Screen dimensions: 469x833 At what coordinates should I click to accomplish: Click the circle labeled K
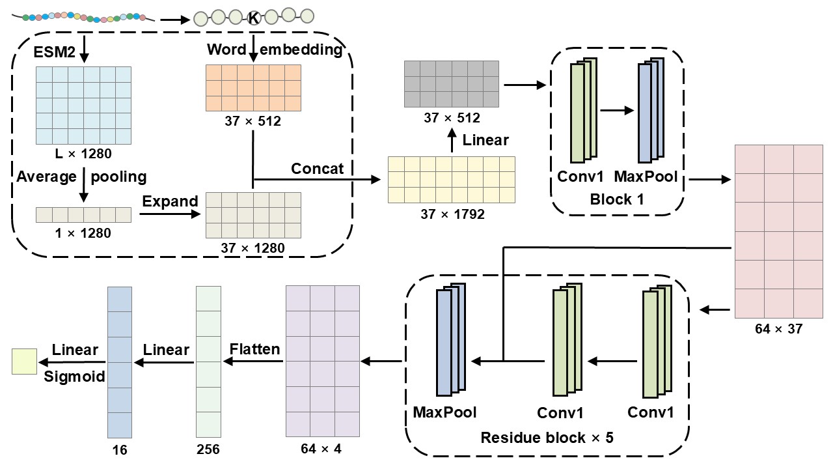tap(254, 18)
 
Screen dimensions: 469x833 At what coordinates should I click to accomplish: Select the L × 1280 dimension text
tap(83, 154)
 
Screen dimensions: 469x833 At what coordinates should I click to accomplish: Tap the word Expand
tap(170, 201)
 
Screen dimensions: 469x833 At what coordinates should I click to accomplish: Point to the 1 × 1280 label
tap(83, 233)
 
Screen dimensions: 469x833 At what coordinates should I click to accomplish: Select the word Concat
tap(318, 169)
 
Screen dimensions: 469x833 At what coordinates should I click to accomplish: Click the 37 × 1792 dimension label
tap(451, 214)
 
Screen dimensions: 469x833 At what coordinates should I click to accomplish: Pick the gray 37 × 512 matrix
tap(452, 83)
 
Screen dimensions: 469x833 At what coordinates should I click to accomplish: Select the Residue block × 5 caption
tap(547, 437)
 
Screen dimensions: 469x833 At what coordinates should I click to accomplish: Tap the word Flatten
tap(255, 349)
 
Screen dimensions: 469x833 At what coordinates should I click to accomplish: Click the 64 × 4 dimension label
tap(321, 449)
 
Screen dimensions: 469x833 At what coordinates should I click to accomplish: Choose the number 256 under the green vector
tap(208, 449)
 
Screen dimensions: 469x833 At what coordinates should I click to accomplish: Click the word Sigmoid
tap(74, 377)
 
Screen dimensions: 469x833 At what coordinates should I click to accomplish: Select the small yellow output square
tap(25, 361)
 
